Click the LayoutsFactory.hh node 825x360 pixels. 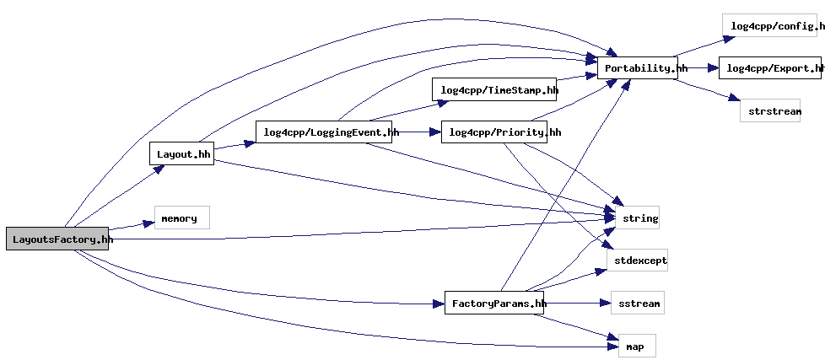pyautogui.click(x=58, y=239)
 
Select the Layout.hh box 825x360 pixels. pyautogui.click(x=181, y=153)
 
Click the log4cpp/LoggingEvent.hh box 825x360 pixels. pyautogui.click(x=326, y=132)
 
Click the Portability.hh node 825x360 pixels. pyautogui.click(x=639, y=67)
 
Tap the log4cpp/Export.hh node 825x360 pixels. pyautogui.click(x=770, y=67)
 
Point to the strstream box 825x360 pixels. pyautogui.click(x=770, y=110)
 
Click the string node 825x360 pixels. pyautogui.click(x=639, y=218)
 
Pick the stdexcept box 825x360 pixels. pyautogui.click(x=639, y=260)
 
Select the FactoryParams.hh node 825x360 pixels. pyautogui.click(x=494, y=303)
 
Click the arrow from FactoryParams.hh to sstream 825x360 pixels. pyautogui.click(x=577, y=303)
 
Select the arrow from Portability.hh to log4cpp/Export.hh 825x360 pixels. pyautogui.click(x=698, y=67)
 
